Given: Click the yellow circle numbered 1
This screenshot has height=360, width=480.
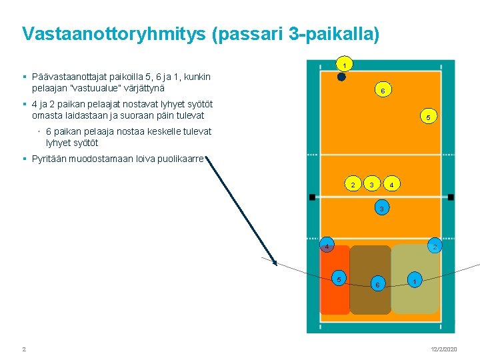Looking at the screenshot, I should [x=344, y=65].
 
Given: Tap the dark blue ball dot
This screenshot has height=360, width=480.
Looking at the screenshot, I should [x=341, y=77].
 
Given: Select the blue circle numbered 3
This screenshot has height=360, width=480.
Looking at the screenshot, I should [x=381, y=209].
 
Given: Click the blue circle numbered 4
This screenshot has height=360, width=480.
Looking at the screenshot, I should [x=326, y=245].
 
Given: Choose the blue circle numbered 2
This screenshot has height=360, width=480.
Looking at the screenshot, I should [x=434, y=245].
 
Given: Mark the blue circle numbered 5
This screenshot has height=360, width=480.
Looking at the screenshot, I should [x=339, y=278].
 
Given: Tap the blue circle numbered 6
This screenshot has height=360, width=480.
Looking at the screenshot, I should [x=377, y=285].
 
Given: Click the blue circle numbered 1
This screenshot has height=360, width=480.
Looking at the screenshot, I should [x=415, y=281].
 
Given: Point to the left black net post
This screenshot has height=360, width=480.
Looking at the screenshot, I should [x=311, y=197].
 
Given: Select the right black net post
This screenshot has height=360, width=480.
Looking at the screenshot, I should [x=451, y=197].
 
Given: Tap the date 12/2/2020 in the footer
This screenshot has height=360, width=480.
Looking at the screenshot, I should [x=443, y=349].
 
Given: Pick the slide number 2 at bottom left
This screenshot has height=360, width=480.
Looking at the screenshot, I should [x=24, y=349].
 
